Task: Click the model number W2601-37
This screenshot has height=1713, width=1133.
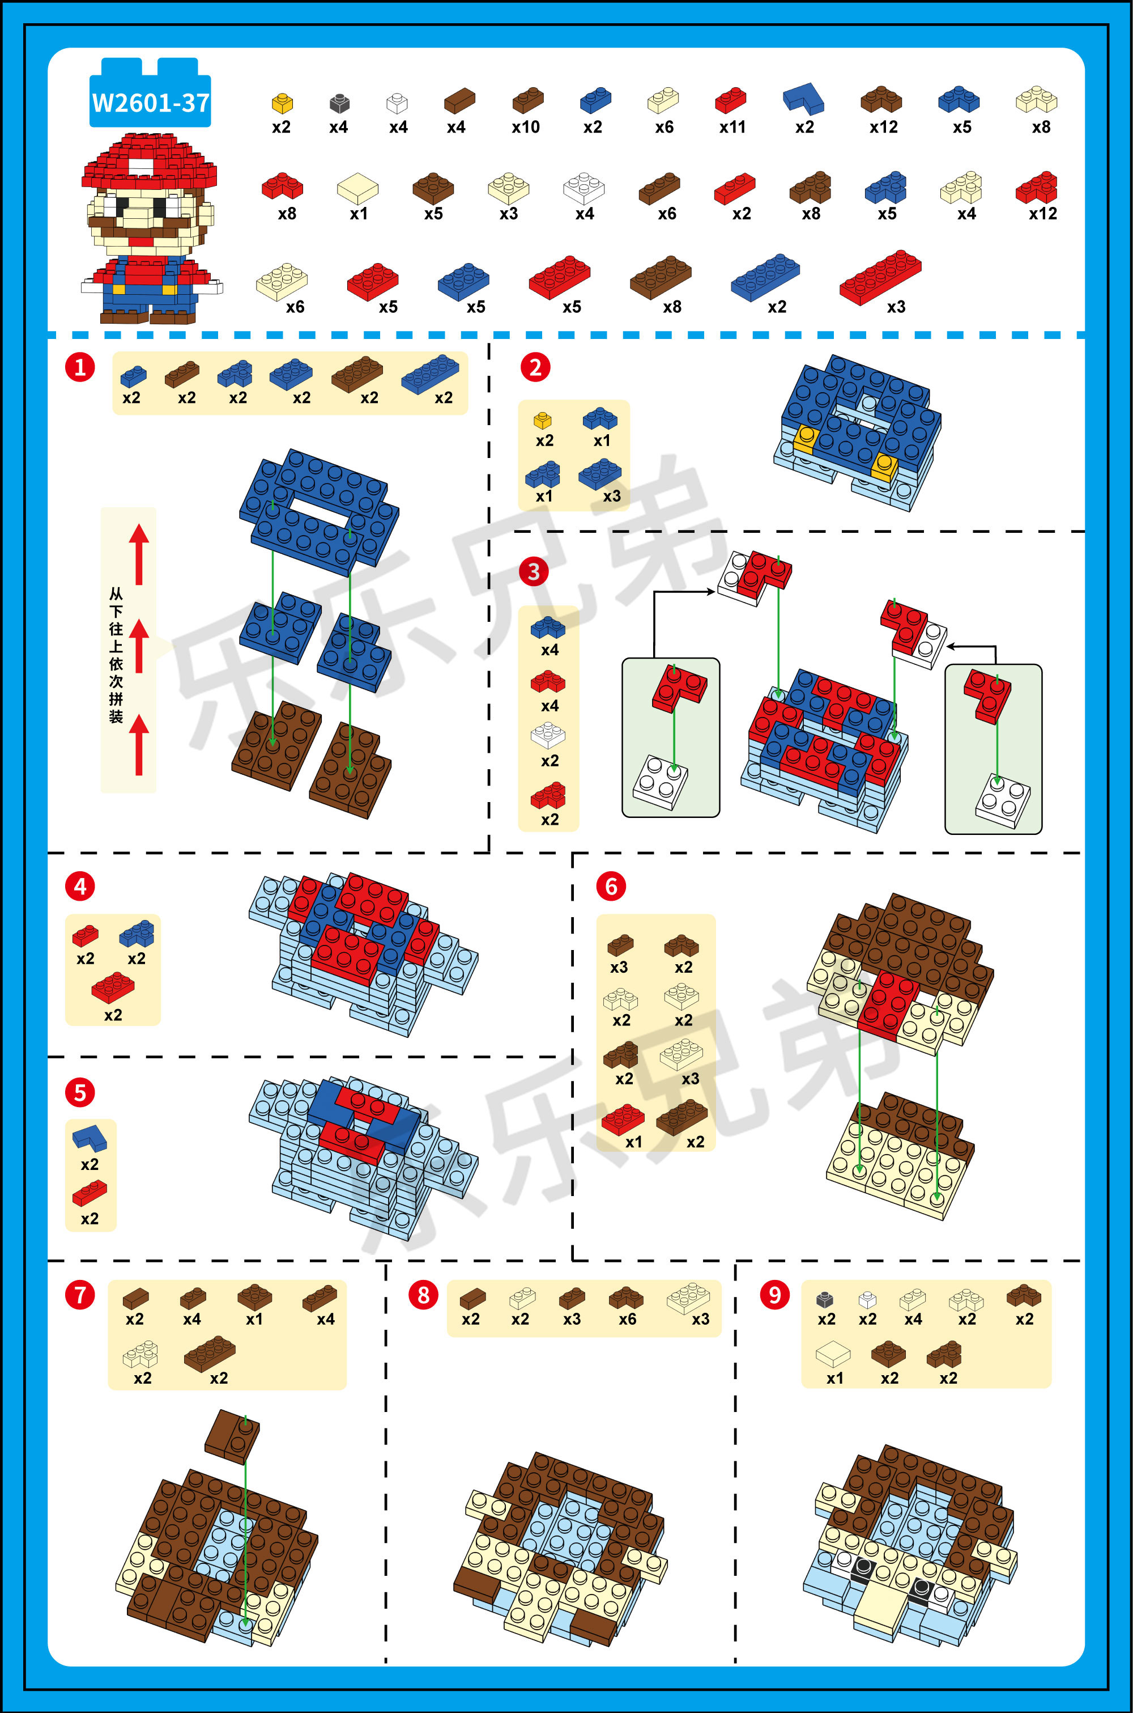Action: [x=150, y=103]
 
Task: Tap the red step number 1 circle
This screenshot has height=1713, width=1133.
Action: [x=80, y=367]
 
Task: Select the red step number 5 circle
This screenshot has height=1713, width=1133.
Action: [x=80, y=1092]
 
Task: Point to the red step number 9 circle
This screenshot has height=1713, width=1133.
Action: [x=774, y=1294]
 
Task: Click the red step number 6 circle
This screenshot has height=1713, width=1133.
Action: [x=611, y=886]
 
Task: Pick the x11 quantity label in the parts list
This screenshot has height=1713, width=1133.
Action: [x=732, y=127]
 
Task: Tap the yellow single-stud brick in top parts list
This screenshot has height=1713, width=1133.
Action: [x=282, y=103]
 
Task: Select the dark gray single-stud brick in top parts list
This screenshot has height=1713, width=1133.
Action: [x=339, y=103]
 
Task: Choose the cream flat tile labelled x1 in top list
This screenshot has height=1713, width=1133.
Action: [x=357, y=188]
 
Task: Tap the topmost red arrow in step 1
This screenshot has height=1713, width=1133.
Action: [x=139, y=554]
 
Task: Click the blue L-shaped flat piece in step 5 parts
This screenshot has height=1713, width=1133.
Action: [x=90, y=1138]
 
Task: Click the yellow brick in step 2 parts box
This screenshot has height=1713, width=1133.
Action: [x=543, y=420]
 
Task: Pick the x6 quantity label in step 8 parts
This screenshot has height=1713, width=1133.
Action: [x=627, y=1319]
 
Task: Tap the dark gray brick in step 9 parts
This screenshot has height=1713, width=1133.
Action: [x=824, y=1299]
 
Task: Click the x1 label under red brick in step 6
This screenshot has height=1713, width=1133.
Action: [x=634, y=1142]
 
